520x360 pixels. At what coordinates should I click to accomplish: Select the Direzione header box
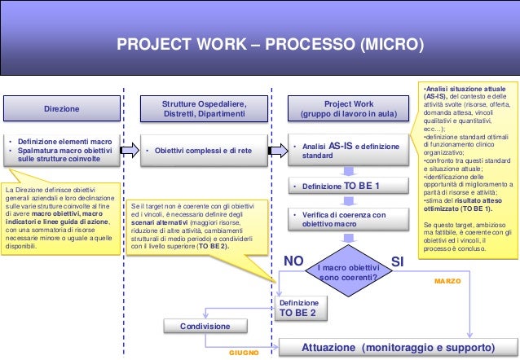pos(62,108)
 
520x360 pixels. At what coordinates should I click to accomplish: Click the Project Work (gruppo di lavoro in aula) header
pos(349,108)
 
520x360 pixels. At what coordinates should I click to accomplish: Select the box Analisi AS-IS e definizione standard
pos(349,151)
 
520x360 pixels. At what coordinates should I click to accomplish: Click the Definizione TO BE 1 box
pos(349,187)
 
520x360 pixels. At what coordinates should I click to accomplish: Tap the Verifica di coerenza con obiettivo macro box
pos(349,219)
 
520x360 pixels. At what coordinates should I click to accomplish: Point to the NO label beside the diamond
pos(293,261)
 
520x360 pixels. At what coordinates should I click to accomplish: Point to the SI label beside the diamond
pos(398,261)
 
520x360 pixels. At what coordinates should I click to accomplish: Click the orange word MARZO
pos(447,280)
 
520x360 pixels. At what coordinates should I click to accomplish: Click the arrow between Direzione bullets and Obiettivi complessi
pos(128,150)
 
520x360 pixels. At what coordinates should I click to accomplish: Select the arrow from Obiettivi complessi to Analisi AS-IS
pos(278,150)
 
